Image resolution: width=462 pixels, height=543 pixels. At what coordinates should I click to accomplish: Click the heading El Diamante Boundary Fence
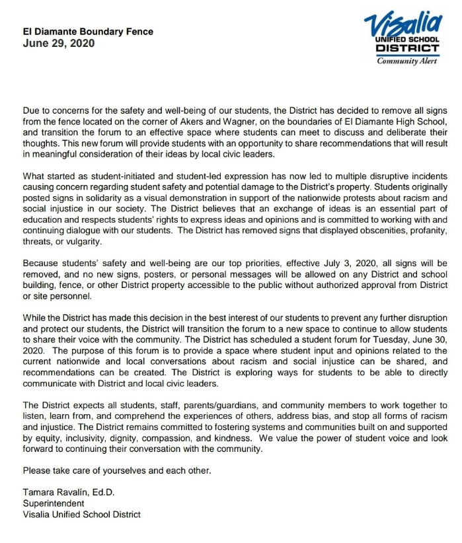[x=88, y=31]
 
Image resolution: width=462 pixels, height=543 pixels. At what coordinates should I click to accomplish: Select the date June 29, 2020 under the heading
[x=58, y=44]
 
